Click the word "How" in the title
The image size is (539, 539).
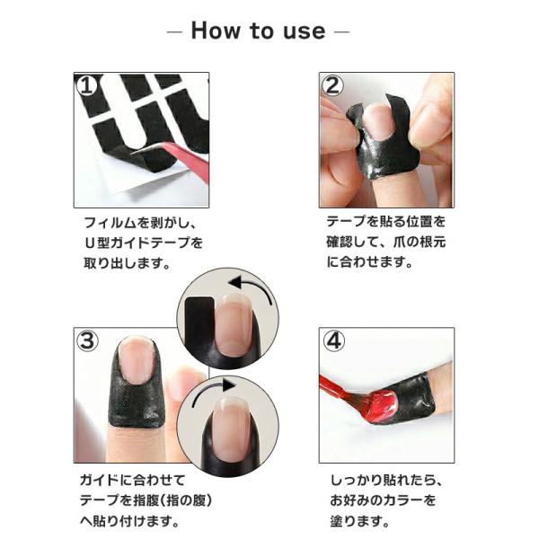pos(216,31)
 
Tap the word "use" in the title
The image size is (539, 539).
pos(305,31)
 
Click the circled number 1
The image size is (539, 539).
pos(86,85)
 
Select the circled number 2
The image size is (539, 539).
pos(331,85)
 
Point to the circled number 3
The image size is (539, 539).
pos(87,340)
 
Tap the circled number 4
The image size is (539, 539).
pos(333,341)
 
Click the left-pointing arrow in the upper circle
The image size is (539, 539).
pos(251,288)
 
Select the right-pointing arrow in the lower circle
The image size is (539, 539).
pos(212,392)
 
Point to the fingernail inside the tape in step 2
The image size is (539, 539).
pos(378,122)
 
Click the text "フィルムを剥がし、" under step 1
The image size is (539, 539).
pos(140,223)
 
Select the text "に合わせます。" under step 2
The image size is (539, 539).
pos(369,262)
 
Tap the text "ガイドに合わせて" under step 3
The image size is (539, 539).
pos(132,480)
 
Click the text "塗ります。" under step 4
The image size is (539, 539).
pos(360,521)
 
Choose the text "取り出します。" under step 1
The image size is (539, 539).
pos(128,263)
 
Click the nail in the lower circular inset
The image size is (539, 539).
pos(227,426)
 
